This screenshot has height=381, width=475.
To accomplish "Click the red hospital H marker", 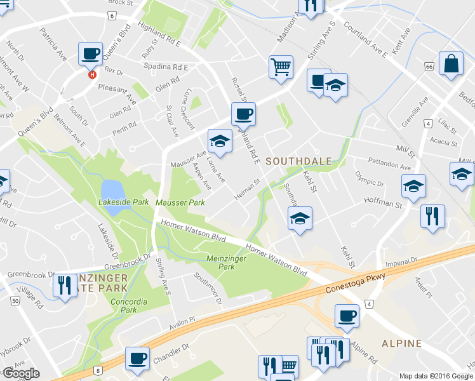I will click(93, 74).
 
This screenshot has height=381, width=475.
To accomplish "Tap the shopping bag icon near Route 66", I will click(450, 63).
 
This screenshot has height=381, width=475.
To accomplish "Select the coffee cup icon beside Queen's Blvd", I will click(90, 53).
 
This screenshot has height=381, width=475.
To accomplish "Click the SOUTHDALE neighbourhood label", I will click(299, 161).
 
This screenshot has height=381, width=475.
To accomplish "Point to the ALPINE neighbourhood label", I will click(401, 344).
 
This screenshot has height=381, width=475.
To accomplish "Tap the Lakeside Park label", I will click(123, 203).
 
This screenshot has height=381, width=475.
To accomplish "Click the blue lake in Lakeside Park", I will click(111, 189).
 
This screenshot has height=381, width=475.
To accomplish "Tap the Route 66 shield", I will click(430, 67).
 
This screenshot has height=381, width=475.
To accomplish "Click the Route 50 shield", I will click(14, 300).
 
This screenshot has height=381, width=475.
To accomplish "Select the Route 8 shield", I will click(98, 370).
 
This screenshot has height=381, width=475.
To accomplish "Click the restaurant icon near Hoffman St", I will click(432, 216).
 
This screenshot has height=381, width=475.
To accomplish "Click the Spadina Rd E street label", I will click(168, 67).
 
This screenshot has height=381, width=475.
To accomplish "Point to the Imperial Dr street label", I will click(401, 261).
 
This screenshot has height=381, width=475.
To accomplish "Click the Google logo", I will click(21, 373).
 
